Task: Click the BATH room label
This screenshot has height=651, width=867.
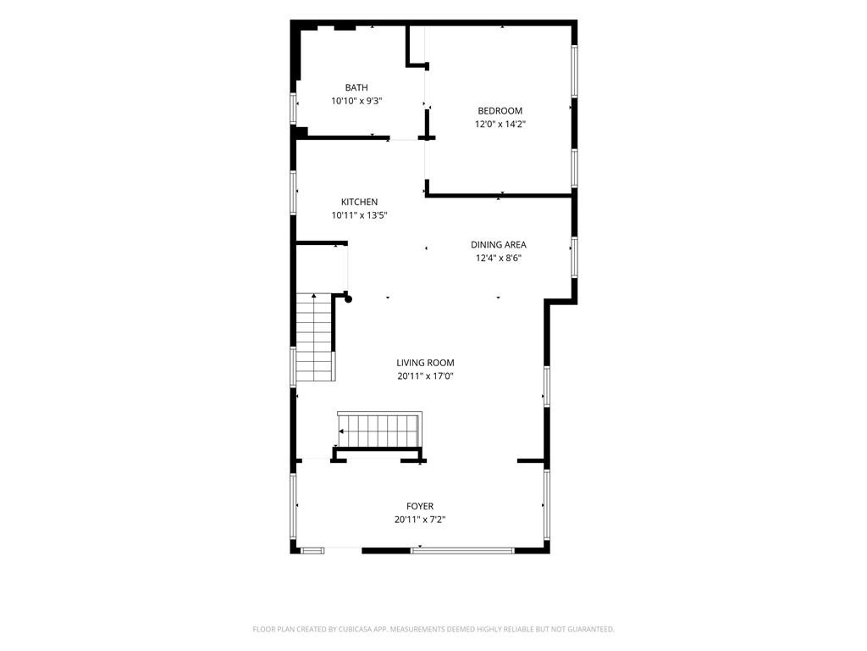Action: pyautogui.click(x=356, y=87)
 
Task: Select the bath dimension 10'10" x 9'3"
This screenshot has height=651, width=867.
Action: pyautogui.click(x=356, y=101)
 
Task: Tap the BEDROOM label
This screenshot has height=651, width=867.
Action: pyautogui.click(x=500, y=111)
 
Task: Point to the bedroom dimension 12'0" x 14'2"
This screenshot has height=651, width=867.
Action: pyautogui.click(x=500, y=124)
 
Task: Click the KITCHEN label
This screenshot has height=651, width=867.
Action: pyautogui.click(x=359, y=202)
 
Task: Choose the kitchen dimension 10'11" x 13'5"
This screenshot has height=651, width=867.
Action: pyautogui.click(x=359, y=215)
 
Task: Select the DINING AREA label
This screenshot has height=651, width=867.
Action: pyautogui.click(x=498, y=245)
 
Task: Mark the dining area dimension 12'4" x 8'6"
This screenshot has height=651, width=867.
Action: pyautogui.click(x=498, y=258)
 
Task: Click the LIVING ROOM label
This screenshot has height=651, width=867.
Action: pyautogui.click(x=425, y=363)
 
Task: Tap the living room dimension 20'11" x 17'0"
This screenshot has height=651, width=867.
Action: pyautogui.click(x=425, y=376)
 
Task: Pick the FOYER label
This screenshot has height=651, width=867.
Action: pyautogui.click(x=420, y=507)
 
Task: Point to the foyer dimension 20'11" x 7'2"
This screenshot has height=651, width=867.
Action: pyautogui.click(x=420, y=520)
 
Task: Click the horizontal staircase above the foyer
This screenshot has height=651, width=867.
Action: pyautogui.click(x=380, y=430)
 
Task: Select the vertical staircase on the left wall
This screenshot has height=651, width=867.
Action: pyautogui.click(x=315, y=337)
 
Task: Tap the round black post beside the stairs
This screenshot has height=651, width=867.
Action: pyautogui.click(x=348, y=299)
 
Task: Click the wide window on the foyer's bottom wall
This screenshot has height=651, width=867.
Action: pyautogui.click(x=462, y=551)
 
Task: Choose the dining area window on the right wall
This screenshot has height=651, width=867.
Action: pyautogui.click(x=575, y=257)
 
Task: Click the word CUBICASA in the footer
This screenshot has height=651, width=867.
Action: pyautogui.click(x=357, y=630)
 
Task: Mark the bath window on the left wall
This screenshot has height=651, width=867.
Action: pyautogui.click(x=294, y=108)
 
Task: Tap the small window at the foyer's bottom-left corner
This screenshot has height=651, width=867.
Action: pyautogui.click(x=313, y=551)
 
